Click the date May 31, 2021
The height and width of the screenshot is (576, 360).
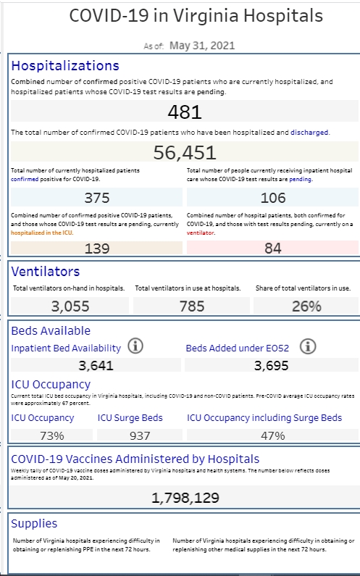(202, 46)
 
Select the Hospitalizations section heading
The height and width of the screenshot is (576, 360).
(65, 66)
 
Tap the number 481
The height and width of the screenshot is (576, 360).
(185, 112)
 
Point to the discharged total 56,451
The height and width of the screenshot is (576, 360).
(185, 152)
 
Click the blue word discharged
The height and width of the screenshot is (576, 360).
(309, 133)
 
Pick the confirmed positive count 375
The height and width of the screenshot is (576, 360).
(97, 198)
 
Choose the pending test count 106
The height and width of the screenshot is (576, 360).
(273, 198)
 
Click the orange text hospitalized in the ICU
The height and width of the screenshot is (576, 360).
(41, 233)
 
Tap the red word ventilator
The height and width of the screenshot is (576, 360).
(200, 233)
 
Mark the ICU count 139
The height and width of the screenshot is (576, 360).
(97, 249)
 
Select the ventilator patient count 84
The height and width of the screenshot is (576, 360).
(273, 249)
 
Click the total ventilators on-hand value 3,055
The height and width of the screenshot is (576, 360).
(70, 306)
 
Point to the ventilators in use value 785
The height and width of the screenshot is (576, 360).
(192, 306)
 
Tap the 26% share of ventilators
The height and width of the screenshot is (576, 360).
(306, 306)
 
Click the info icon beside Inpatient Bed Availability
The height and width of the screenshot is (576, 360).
(135, 346)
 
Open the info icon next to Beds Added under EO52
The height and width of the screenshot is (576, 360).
(308, 346)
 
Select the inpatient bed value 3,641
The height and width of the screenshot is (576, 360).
(96, 365)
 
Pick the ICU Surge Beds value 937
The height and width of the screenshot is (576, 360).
(140, 435)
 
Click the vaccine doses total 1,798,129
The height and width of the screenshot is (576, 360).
(185, 498)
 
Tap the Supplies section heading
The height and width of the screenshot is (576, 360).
(34, 523)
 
